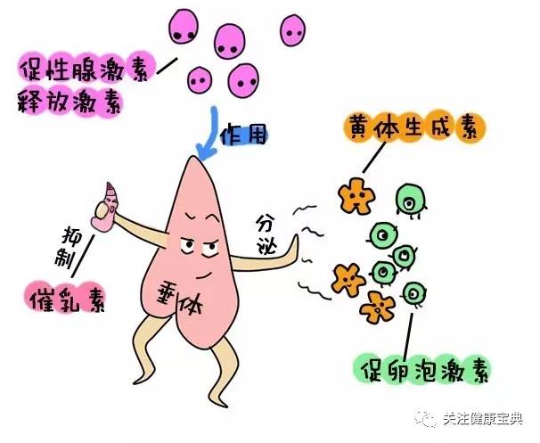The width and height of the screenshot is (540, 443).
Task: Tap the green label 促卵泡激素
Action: point(420,367)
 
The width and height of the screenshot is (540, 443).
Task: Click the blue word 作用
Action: point(243,136)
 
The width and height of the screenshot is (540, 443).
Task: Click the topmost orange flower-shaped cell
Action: point(354,194)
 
